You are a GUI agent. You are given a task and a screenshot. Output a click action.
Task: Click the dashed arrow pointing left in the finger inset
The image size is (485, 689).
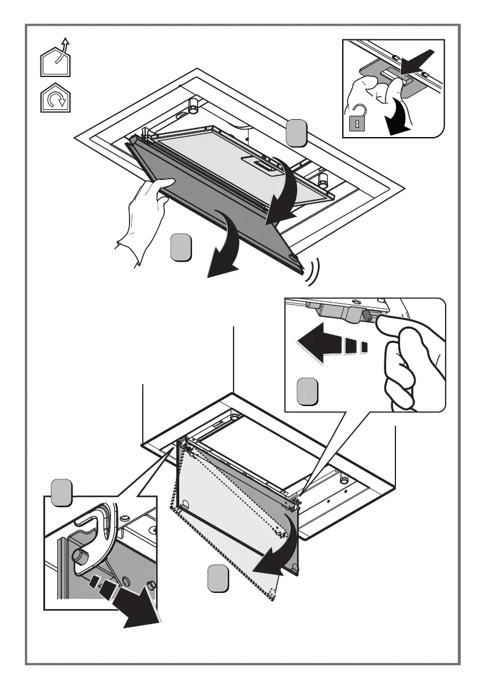(329, 347)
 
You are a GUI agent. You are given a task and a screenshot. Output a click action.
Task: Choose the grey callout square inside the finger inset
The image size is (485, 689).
(307, 392)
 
